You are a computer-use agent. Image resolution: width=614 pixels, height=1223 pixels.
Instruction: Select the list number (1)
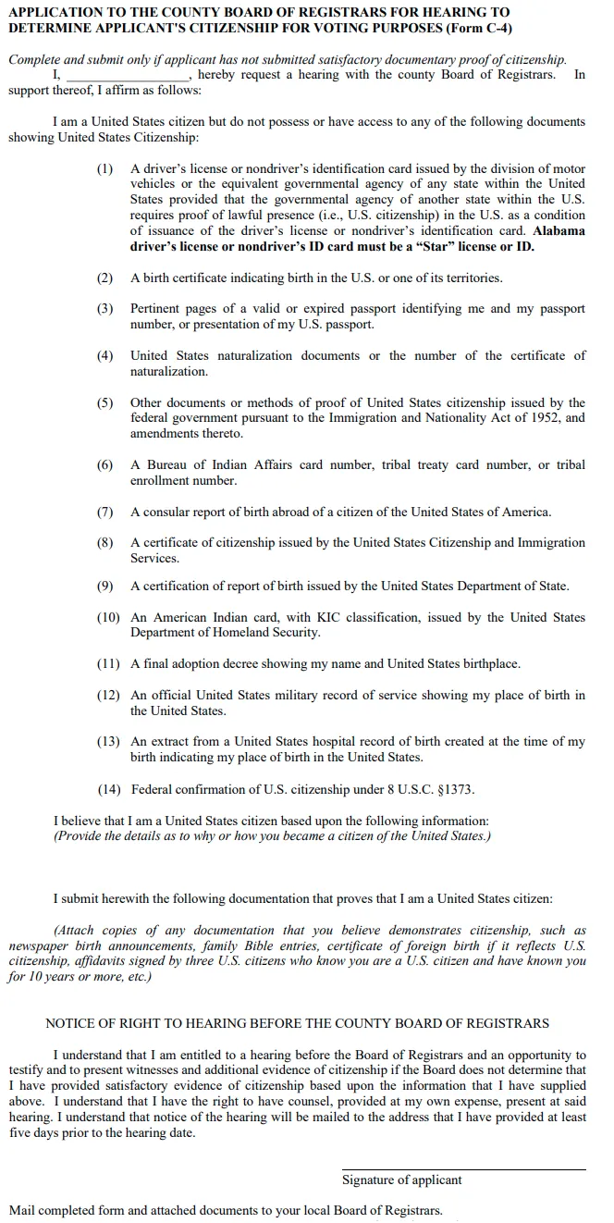pos(104,168)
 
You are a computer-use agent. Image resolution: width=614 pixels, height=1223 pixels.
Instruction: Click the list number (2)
pos(104,278)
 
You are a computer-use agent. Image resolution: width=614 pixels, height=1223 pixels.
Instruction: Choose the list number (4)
pos(104,355)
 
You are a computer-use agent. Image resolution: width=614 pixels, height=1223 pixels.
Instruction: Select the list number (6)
pos(104,464)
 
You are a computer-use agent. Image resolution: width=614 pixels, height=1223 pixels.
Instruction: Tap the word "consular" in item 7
pos(166,512)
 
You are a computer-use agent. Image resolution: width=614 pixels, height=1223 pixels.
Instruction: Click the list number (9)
pos(104,586)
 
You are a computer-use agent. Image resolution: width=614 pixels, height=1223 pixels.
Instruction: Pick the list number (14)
pos(109,789)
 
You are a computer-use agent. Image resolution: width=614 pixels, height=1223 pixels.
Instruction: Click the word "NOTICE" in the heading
pos(72,1023)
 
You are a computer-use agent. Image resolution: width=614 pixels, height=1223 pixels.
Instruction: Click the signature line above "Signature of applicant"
pos(463,1169)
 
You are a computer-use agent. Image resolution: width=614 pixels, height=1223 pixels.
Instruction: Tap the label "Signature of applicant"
pos(402,1180)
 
